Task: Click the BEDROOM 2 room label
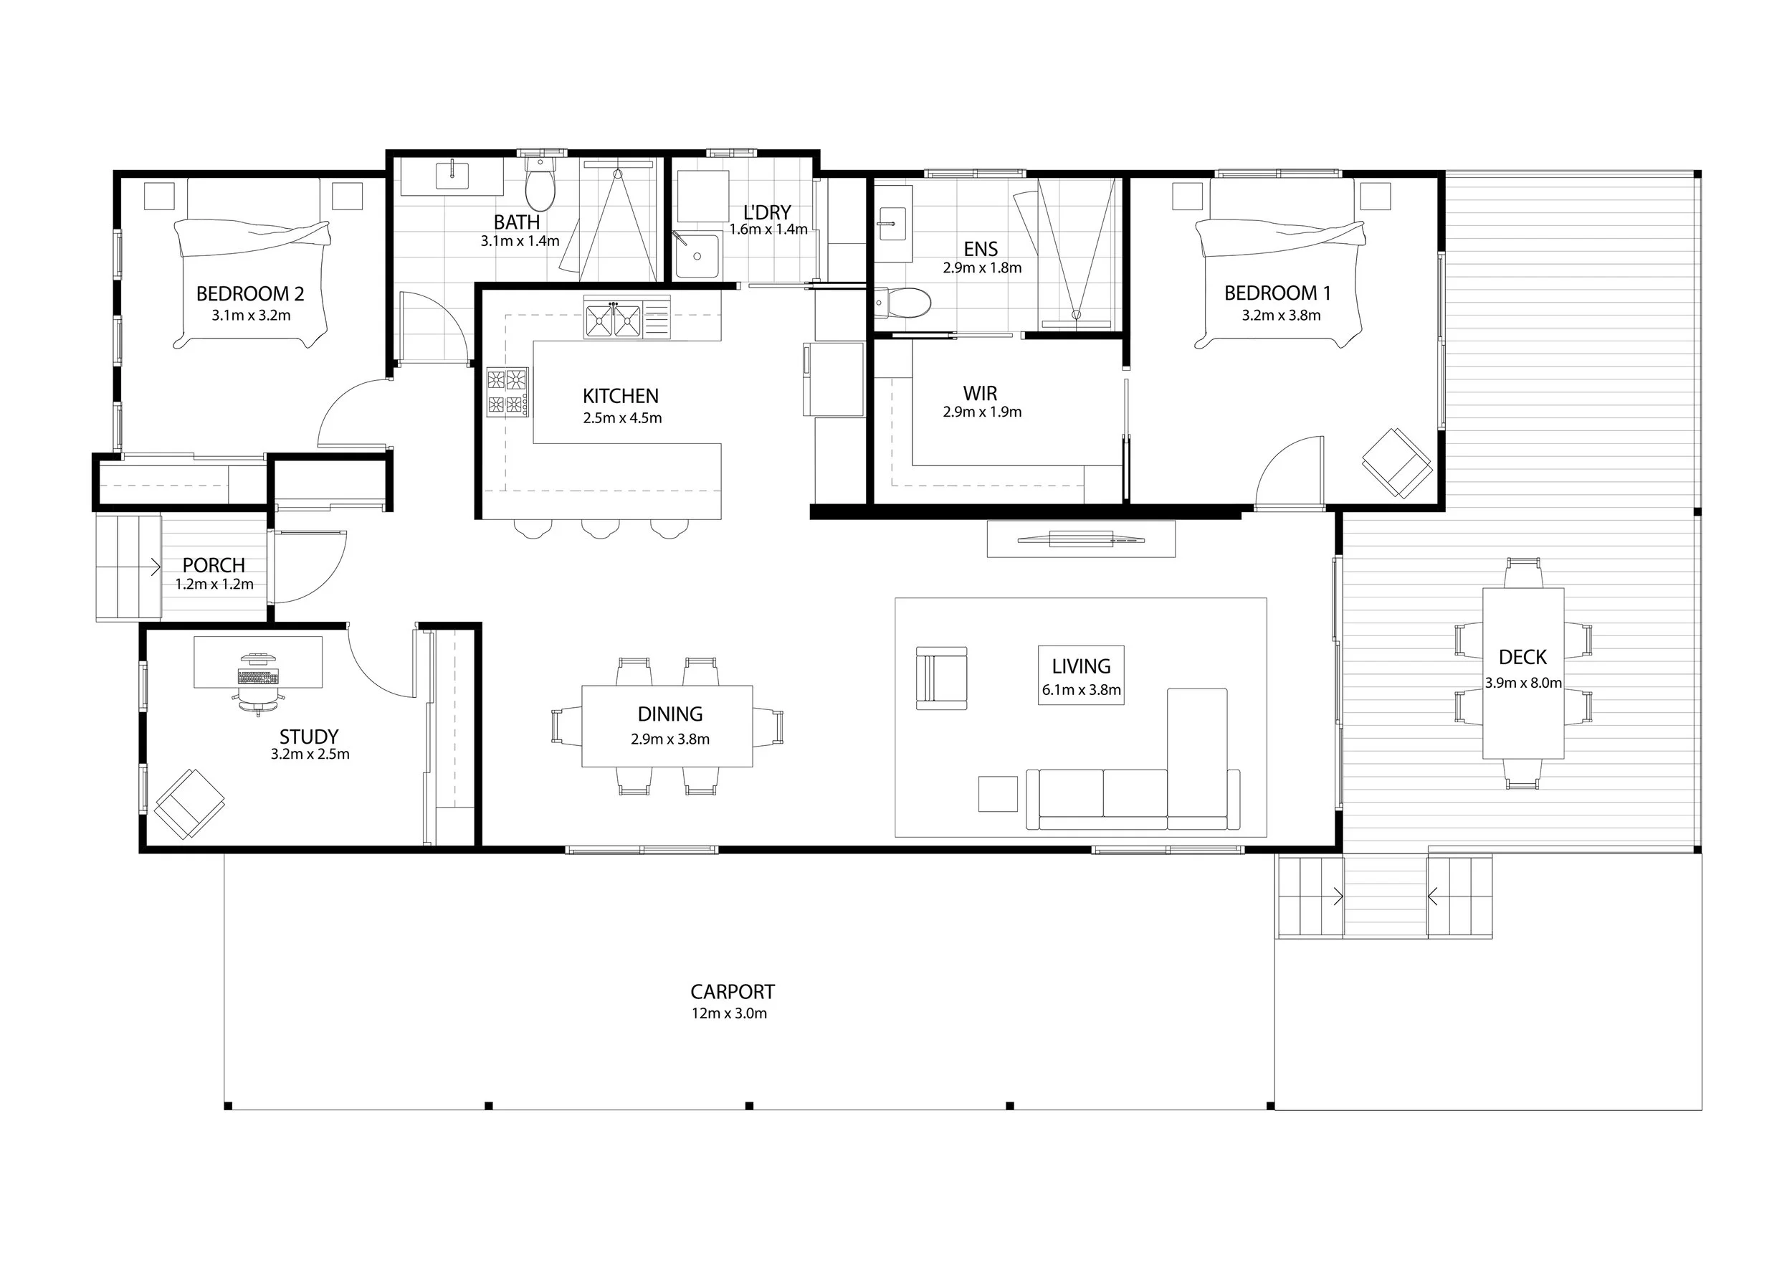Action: tap(249, 293)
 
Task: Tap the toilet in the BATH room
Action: tap(539, 183)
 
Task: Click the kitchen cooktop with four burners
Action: tap(507, 390)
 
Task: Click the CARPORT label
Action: tap(732, 992)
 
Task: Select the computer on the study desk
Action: tap(258, 670)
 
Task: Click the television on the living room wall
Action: tap(1080, 538)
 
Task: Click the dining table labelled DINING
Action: tap(667, 726)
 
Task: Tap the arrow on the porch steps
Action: tap(156, 567)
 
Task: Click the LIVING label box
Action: tap(1081, 676)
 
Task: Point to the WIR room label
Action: tap(981, 394)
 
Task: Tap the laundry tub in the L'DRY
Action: tap(696, 255)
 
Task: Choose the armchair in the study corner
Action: tap(190, 804)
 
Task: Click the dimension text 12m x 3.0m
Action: tap(729, 1013)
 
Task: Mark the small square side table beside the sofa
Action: tap(999, 794)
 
